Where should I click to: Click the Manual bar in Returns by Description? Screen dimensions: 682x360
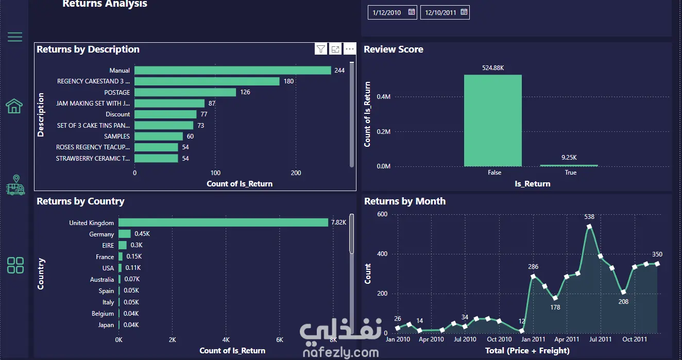tap(233, 70)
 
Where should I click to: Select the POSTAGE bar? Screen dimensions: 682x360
tap(185, 92)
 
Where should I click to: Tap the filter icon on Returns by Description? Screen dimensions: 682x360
tap(320, 49)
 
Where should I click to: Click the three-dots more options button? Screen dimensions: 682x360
tap(350, 49)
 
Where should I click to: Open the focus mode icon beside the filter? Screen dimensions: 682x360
tap(335, 49)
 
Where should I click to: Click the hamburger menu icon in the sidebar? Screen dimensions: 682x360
tap(15, 37)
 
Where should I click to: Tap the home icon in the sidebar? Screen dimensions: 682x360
tap(14, 106)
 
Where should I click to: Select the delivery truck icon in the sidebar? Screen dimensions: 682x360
tap(15, 185)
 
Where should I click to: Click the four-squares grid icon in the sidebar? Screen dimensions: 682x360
tap(15, 265)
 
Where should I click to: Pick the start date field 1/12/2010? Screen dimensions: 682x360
tap(392, 12)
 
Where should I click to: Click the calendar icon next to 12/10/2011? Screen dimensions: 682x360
tap(464, 12)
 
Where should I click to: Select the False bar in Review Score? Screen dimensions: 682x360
tap(492, 121)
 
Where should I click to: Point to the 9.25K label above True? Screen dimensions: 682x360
tap(569, 158)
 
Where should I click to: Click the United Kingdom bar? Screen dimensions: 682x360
tap(223, 222)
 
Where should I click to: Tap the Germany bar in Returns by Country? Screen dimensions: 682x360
tap(125, 234)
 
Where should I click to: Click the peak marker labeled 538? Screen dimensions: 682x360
tap(589, 227)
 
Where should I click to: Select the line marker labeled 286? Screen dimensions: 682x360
tap(533, 277)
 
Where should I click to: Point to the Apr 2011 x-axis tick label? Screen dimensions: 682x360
tap(567, 339)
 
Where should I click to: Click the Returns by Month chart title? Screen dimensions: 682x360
tap(405, 201)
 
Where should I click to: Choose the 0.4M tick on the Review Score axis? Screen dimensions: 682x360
tap(383, 97)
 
